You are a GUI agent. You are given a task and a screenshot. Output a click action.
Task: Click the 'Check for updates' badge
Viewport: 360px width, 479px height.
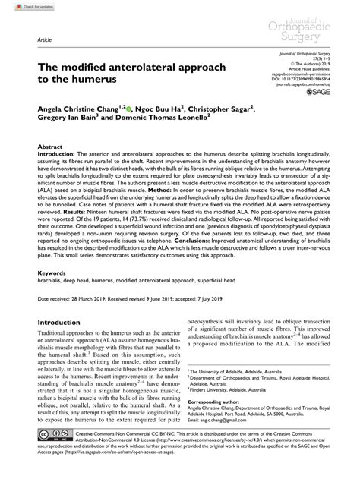24,5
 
